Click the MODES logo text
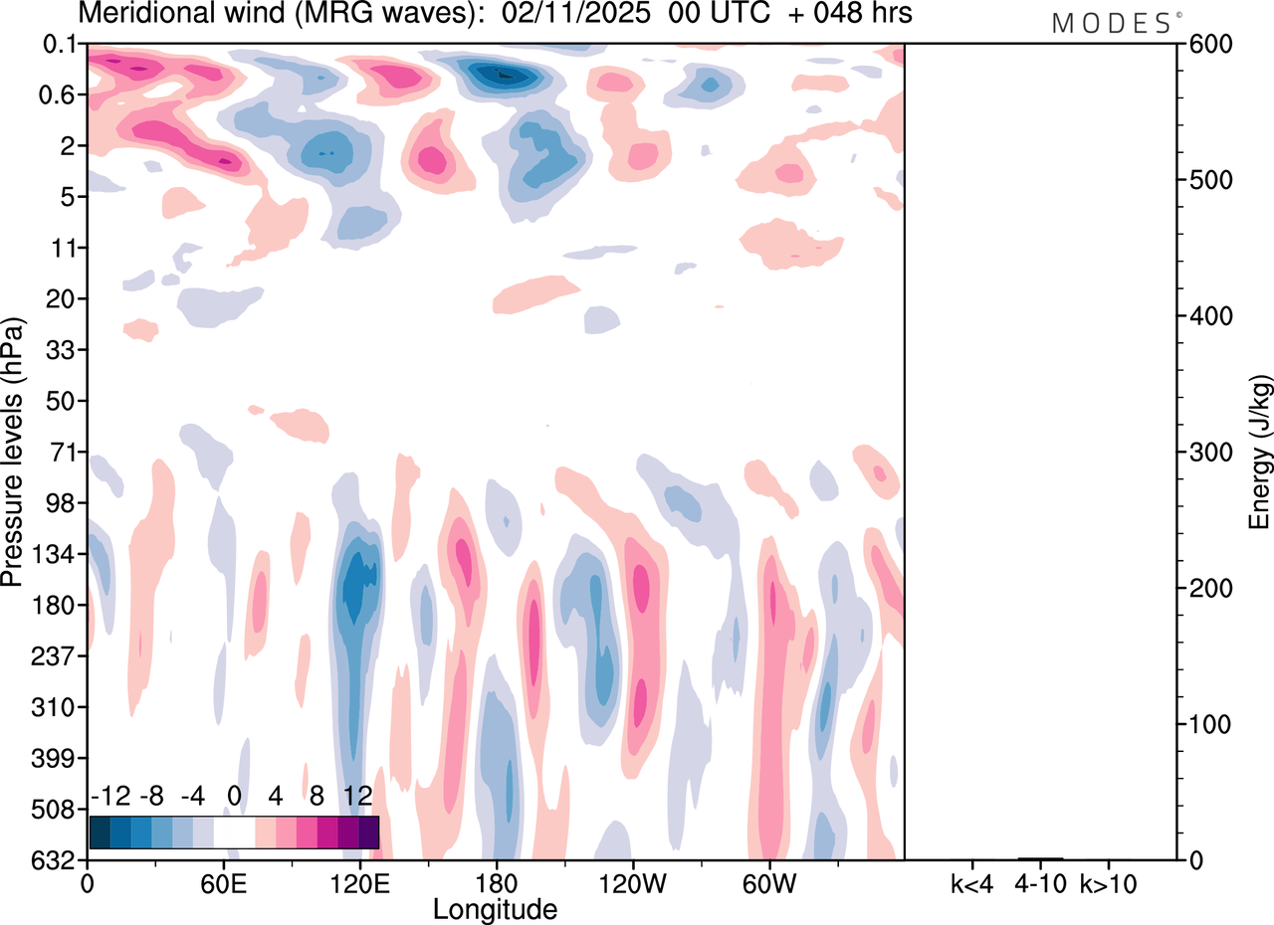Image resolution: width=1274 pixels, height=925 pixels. pyautogui.click(x=1112, y=24)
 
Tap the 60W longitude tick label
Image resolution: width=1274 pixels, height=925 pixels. pyautogui.click(x=767, y=882)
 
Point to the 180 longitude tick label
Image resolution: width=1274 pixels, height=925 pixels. pyautogui.click(x=495, y=882)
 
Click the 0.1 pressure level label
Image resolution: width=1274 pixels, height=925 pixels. pyautogui.click(x=62, y=45)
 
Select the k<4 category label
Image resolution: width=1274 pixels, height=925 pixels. pyautogui.click(x=970, y=882)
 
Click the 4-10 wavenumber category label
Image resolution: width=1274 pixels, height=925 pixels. pyautogui.click(x=1041, y=882)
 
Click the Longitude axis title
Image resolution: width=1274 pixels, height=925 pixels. pyautogui.click(x=495, y=908)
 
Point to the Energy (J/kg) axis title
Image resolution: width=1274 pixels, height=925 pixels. pyautogui.click(x=1260, y=453)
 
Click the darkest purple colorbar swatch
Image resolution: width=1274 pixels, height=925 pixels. pyautogui.click(x=368, y=832)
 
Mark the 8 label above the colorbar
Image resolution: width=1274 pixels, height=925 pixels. pyautogui.click(x=317, y=796)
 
